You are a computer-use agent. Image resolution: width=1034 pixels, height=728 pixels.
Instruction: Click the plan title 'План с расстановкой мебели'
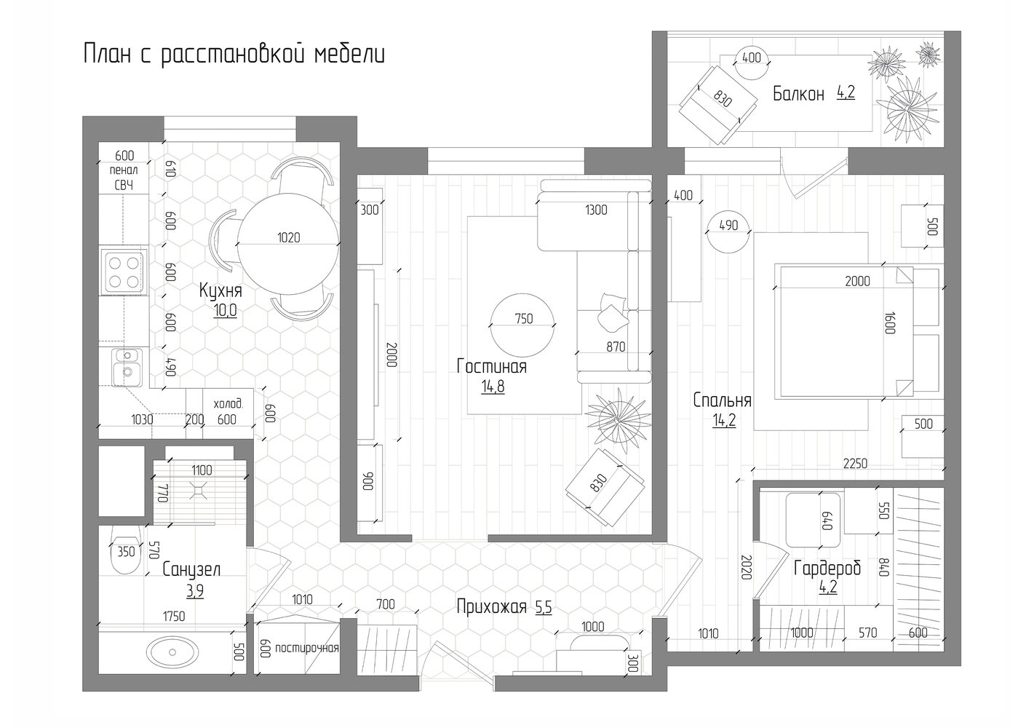[234, 55]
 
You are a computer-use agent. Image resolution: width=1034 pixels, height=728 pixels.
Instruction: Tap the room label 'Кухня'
[220, 291]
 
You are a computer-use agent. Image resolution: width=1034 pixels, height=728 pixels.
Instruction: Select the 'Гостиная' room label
[492, 367]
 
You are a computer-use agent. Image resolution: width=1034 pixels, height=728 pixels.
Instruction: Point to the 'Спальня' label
[723, 400]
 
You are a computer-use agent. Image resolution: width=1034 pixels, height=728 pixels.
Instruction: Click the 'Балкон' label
[798, 94]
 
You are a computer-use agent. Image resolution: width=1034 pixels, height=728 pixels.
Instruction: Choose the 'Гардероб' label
[827, 569]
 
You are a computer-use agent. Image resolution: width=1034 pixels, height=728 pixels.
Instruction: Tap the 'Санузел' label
[191, 569]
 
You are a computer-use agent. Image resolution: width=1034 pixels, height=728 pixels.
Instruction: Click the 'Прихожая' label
[492, 606]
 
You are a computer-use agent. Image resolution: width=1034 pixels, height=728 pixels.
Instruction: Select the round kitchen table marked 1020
[288, 244]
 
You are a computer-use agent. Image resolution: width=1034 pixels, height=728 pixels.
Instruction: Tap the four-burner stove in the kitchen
[124, 272]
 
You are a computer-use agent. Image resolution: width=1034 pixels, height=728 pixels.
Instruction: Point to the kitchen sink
[127, 367]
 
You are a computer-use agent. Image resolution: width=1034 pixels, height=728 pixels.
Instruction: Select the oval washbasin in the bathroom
[172, 652]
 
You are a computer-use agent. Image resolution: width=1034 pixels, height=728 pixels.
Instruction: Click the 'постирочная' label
[307, 649]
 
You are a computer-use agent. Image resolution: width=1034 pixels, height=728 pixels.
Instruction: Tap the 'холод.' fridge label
[228, 404]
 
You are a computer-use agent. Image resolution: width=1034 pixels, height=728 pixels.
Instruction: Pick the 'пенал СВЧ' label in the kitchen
[124, 178]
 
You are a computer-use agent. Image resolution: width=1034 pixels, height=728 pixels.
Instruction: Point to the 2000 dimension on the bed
[857, 281]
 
